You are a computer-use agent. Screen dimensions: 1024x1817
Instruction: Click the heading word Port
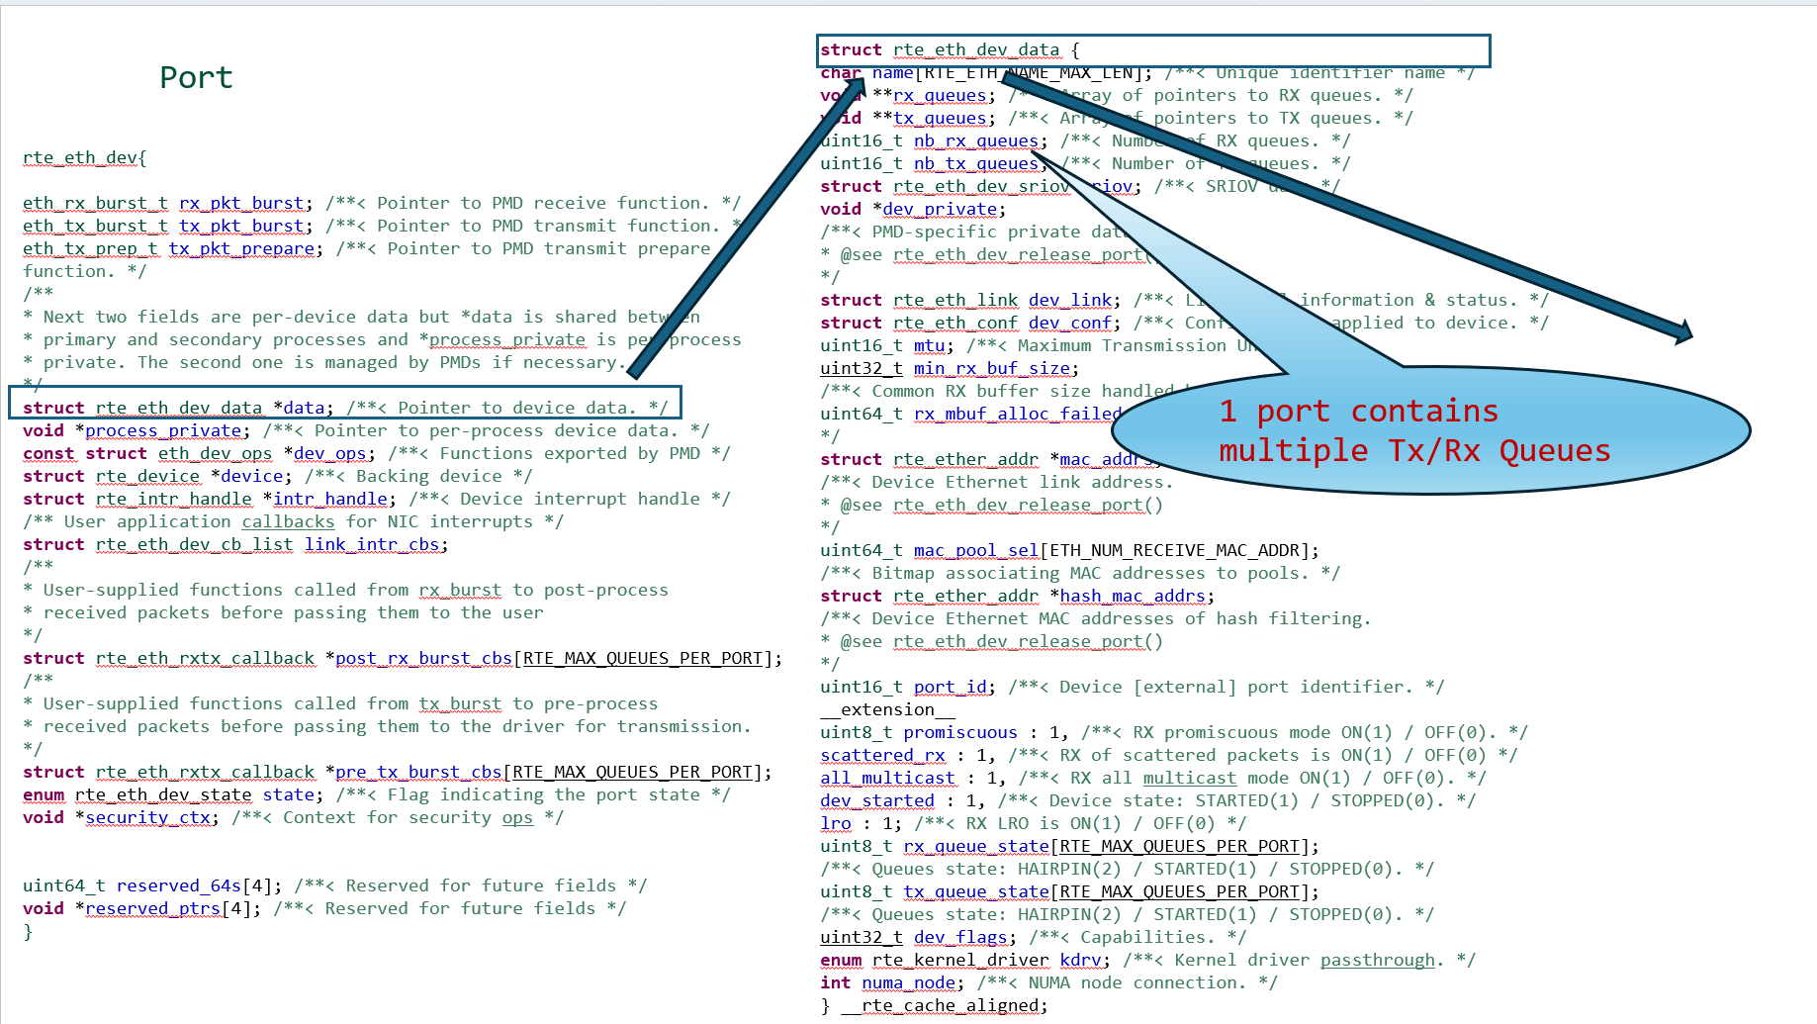point(196,77)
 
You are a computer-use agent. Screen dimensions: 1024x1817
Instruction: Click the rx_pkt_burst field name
point(241,203)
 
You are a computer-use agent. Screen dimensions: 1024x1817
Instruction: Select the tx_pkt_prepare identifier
point(241,248)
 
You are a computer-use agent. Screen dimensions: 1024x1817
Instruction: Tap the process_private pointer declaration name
point(163,430)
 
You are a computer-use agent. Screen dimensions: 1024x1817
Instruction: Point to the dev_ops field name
point(330,453)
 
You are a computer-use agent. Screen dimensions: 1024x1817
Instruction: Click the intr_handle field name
point(330,499)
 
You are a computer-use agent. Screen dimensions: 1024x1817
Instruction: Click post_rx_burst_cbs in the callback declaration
point(423,658)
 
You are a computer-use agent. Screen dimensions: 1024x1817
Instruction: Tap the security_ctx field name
point(148,817)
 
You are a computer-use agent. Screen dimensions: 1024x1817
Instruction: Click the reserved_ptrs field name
point(153,908)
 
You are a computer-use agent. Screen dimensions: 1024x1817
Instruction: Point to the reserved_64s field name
point(179,885)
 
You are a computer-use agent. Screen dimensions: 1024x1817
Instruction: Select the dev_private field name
point(940,209)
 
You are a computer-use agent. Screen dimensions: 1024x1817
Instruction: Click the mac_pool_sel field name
point(975,550)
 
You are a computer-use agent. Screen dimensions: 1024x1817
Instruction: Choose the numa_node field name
point(908,982)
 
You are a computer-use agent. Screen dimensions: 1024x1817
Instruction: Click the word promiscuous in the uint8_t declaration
point(959,732)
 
